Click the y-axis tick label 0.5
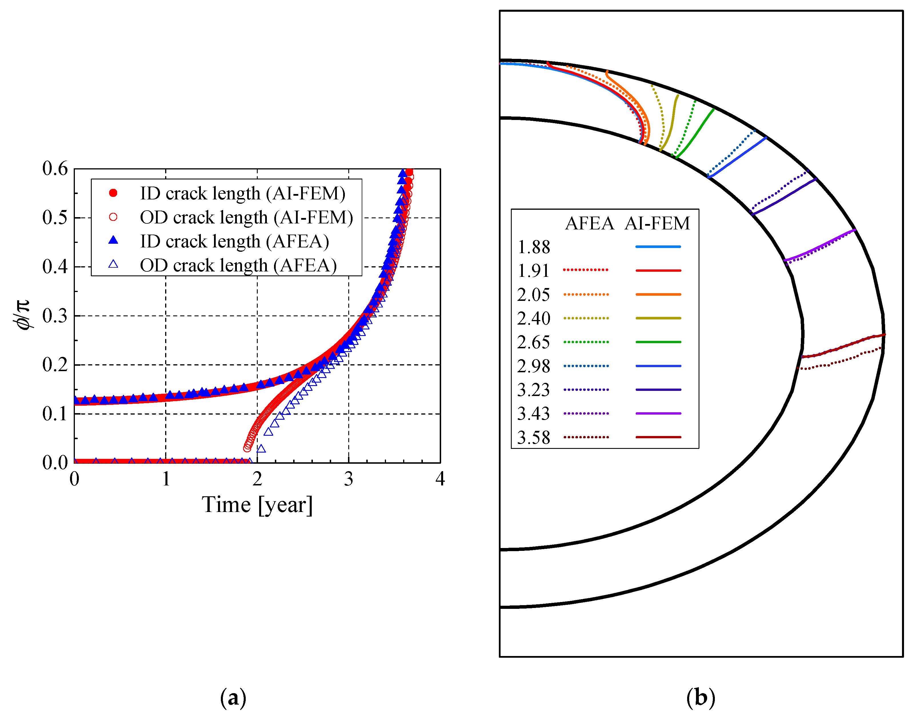click(x=55, y=217)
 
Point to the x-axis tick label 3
click(x=349, y=479)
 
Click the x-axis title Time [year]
click(x=257, y=505)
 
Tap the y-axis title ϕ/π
click(x=22, y=315)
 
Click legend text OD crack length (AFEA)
click(x=239, y=265)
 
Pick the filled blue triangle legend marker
click(x=113, y=240)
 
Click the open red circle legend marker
click(x=113, y=217)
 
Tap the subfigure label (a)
click(x=233, y=697)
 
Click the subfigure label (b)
click(x=701, y=697)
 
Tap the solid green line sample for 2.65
click(x=658, y=342)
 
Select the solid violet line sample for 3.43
click(x=658, y=413)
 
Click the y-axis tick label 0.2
click(x=55, y=365)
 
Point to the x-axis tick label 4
click(x=440, y=479)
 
